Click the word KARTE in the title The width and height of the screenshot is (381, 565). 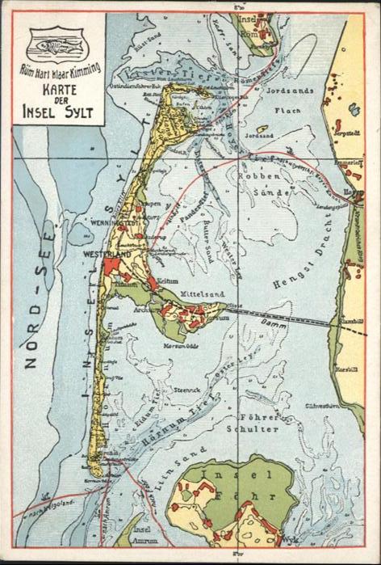(59, 91)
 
